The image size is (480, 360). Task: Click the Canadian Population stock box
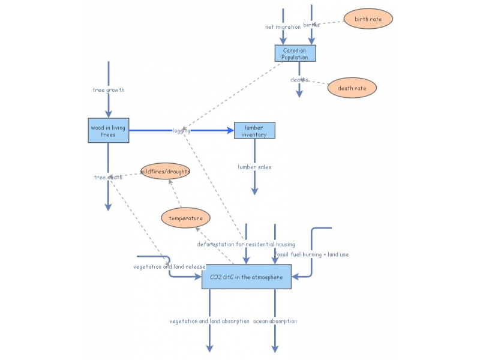click(x=295, y=53)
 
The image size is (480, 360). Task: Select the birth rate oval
click(x=368, y=19)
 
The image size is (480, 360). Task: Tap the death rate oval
click(x=352, y=88)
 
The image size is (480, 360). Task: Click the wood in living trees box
click(x=109, y=130)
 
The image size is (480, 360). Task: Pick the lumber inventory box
click(x=254, y=130)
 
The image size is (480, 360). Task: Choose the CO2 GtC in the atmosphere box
click(x=246, y=277)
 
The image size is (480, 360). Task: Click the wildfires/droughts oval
click(x=165, y=172)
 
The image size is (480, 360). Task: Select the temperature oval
click(x=186, y=218)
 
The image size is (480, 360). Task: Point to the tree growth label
click(x=109, y=90)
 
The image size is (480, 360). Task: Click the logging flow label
click(x=181, y=130)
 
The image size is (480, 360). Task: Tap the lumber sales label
click(x=254, y=167)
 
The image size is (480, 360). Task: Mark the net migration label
click(x=283, y=27)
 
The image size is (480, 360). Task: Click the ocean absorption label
click(x=275, y=321)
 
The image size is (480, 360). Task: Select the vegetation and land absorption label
click(x=209, y=321)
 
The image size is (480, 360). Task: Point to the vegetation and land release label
click(x=169, y=266)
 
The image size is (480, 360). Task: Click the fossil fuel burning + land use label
click(x=311, y=254)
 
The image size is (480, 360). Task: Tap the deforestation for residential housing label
click(x=246, y=244)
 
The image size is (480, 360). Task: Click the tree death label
click(x=108, y=177)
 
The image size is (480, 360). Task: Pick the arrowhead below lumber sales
click(x=254, y=191)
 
